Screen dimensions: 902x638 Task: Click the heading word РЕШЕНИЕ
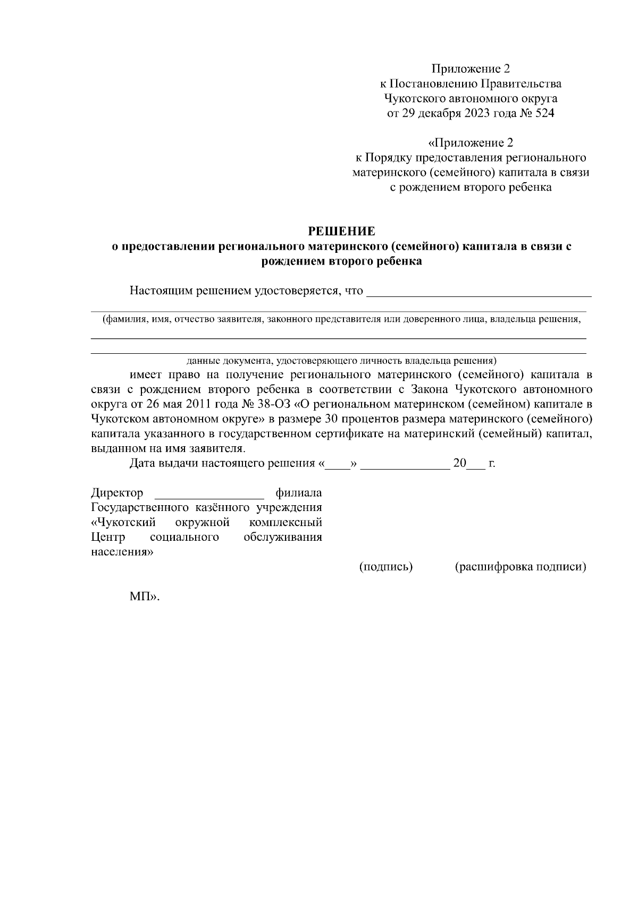[342, 231]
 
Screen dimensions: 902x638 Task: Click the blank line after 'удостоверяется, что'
[480, 292]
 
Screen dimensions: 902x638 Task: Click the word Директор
[117, 492]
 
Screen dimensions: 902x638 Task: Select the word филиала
[299, 492]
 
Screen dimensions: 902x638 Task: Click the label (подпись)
[387, 567]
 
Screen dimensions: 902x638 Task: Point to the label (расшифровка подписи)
[521, 567]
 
